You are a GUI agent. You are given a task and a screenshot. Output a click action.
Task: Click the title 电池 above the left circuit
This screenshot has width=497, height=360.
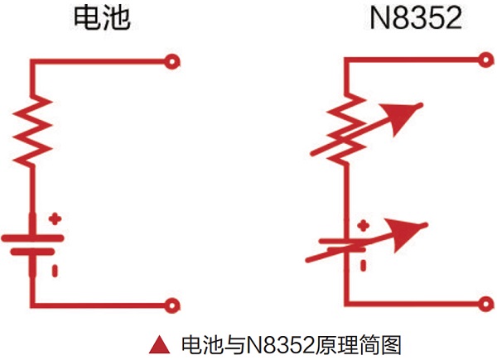pos(102,19)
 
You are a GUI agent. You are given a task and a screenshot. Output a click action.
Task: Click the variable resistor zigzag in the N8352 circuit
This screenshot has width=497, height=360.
pos(344,131)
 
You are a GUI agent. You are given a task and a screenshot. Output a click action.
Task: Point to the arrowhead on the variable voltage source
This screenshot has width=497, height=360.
pos(414,237)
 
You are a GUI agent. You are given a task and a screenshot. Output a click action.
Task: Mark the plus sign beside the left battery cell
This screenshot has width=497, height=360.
pos(55,219)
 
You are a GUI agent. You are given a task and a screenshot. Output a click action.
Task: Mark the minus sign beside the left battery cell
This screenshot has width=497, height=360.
pos(55,269)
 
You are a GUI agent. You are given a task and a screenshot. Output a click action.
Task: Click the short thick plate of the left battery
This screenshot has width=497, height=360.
pos(33,251)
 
